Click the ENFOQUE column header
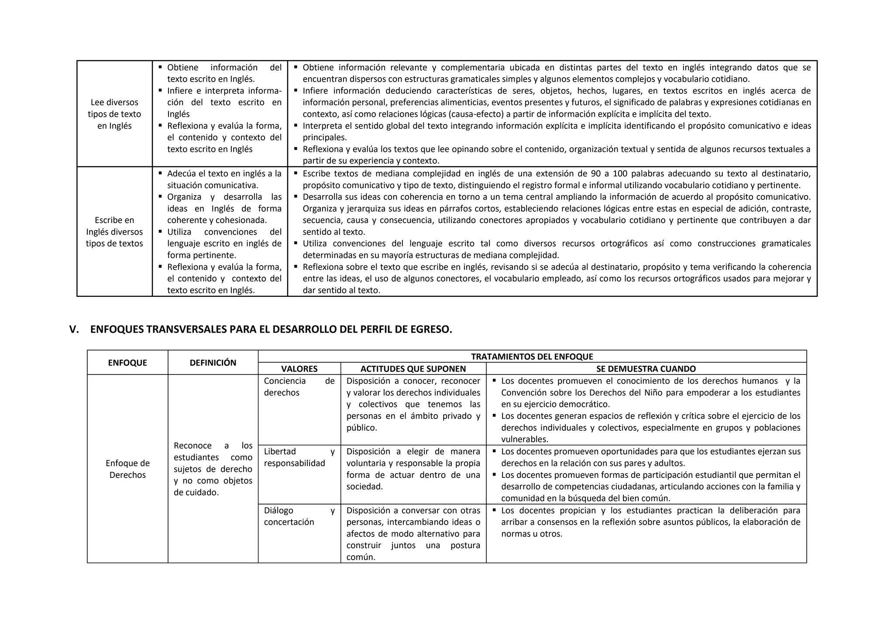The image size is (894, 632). (127, 363)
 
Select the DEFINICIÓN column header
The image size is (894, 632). (213, 363)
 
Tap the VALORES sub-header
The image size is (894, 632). (299, 369)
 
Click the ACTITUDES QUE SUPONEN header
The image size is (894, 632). (413, 369)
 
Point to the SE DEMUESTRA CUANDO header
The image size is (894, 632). (646, 369)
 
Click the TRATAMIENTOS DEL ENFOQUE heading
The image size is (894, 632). (532, 357)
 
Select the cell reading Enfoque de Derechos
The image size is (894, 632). (127, 469)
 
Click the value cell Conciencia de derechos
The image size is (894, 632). (299, 387)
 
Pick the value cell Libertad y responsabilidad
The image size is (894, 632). (299, 457)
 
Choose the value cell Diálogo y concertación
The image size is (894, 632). (299, 516)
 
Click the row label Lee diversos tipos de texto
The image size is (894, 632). (114, 114)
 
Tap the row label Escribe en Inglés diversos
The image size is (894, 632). (114, 232)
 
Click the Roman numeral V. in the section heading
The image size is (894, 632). (74, 330)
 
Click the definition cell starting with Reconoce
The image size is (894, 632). (213, 469)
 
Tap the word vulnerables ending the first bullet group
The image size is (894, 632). (524, 439)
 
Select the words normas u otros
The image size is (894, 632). (531, 534)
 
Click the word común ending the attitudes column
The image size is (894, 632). (361, 557)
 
